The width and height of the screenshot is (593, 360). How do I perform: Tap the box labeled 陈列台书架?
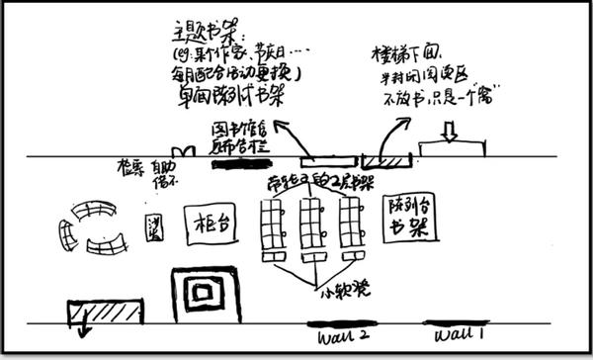(x=407, y=219)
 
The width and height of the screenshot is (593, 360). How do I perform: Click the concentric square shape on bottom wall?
(x=206, y=295)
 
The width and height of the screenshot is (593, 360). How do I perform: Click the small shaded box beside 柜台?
(x=154, y=225)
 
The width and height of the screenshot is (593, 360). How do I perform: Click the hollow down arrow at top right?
(x=449, y=129)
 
